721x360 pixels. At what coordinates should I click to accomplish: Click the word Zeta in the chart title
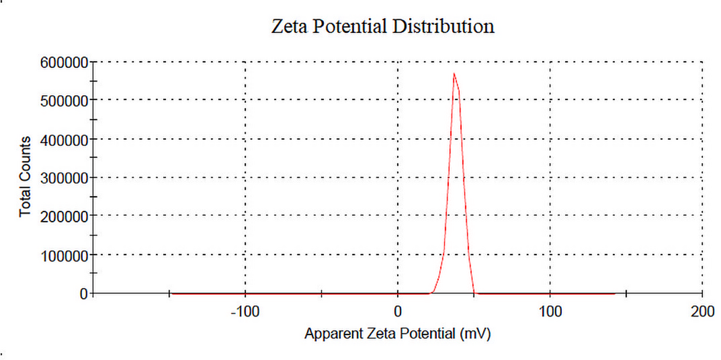[x=289, y=27]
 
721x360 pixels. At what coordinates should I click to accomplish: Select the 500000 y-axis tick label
[x=65, y=100]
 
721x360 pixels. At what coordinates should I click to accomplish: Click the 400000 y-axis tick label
[x=65, y=139]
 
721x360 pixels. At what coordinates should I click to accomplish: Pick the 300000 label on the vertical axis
[x=65, y=177]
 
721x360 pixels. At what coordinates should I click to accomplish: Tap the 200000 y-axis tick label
[x=65, y=216]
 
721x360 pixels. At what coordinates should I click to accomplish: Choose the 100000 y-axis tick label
[x=65, y=255]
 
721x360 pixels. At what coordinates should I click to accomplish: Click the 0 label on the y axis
[x=83, y=294]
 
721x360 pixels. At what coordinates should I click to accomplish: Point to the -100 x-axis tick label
[x=245, y=312]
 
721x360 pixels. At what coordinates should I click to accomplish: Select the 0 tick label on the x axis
[x=398, y=312]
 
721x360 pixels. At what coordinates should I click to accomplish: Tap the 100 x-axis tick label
[x=550, y=312]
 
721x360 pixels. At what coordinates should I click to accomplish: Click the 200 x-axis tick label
[x=702, y=312]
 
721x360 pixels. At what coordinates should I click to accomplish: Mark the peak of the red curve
[x=454, y=73]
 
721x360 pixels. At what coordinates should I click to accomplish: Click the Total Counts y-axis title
[x=26, y=177]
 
